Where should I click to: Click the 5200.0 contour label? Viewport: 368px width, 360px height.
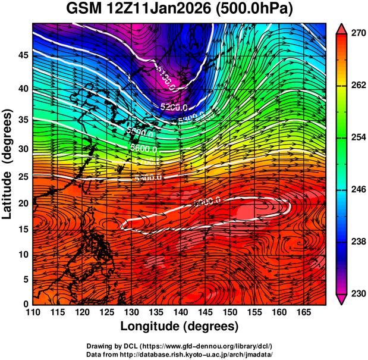pyautogui.click(x=175, y=107)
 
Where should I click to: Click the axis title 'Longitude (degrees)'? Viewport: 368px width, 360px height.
pyautogui.click(x=180, y=327)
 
